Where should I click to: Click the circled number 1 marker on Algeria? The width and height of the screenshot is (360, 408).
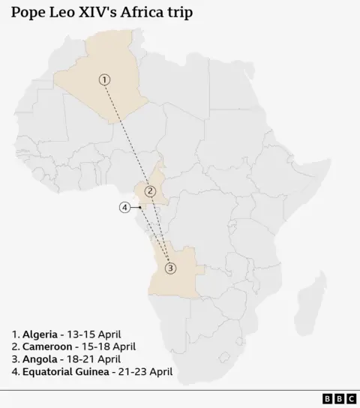pyautogui.click(x=104, y=79)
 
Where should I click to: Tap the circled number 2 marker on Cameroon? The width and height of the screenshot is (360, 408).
pyautogui.click(x=150, y=190)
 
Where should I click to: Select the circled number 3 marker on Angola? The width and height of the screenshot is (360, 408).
pyautogui.click(x=170, y=268)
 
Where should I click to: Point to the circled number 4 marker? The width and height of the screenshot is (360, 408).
pyautogui.click(x=125, y=208)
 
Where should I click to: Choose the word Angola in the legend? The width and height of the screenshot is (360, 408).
pyautogui.click(x=41, y=359)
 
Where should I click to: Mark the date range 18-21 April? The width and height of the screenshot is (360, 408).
pyautogui.click(x=94, y=359)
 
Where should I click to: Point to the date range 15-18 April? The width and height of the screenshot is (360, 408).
pyautogui.click(x=111, y=346)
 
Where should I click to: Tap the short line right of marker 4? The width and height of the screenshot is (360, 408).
pyautogui.click(x=136, y=208)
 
